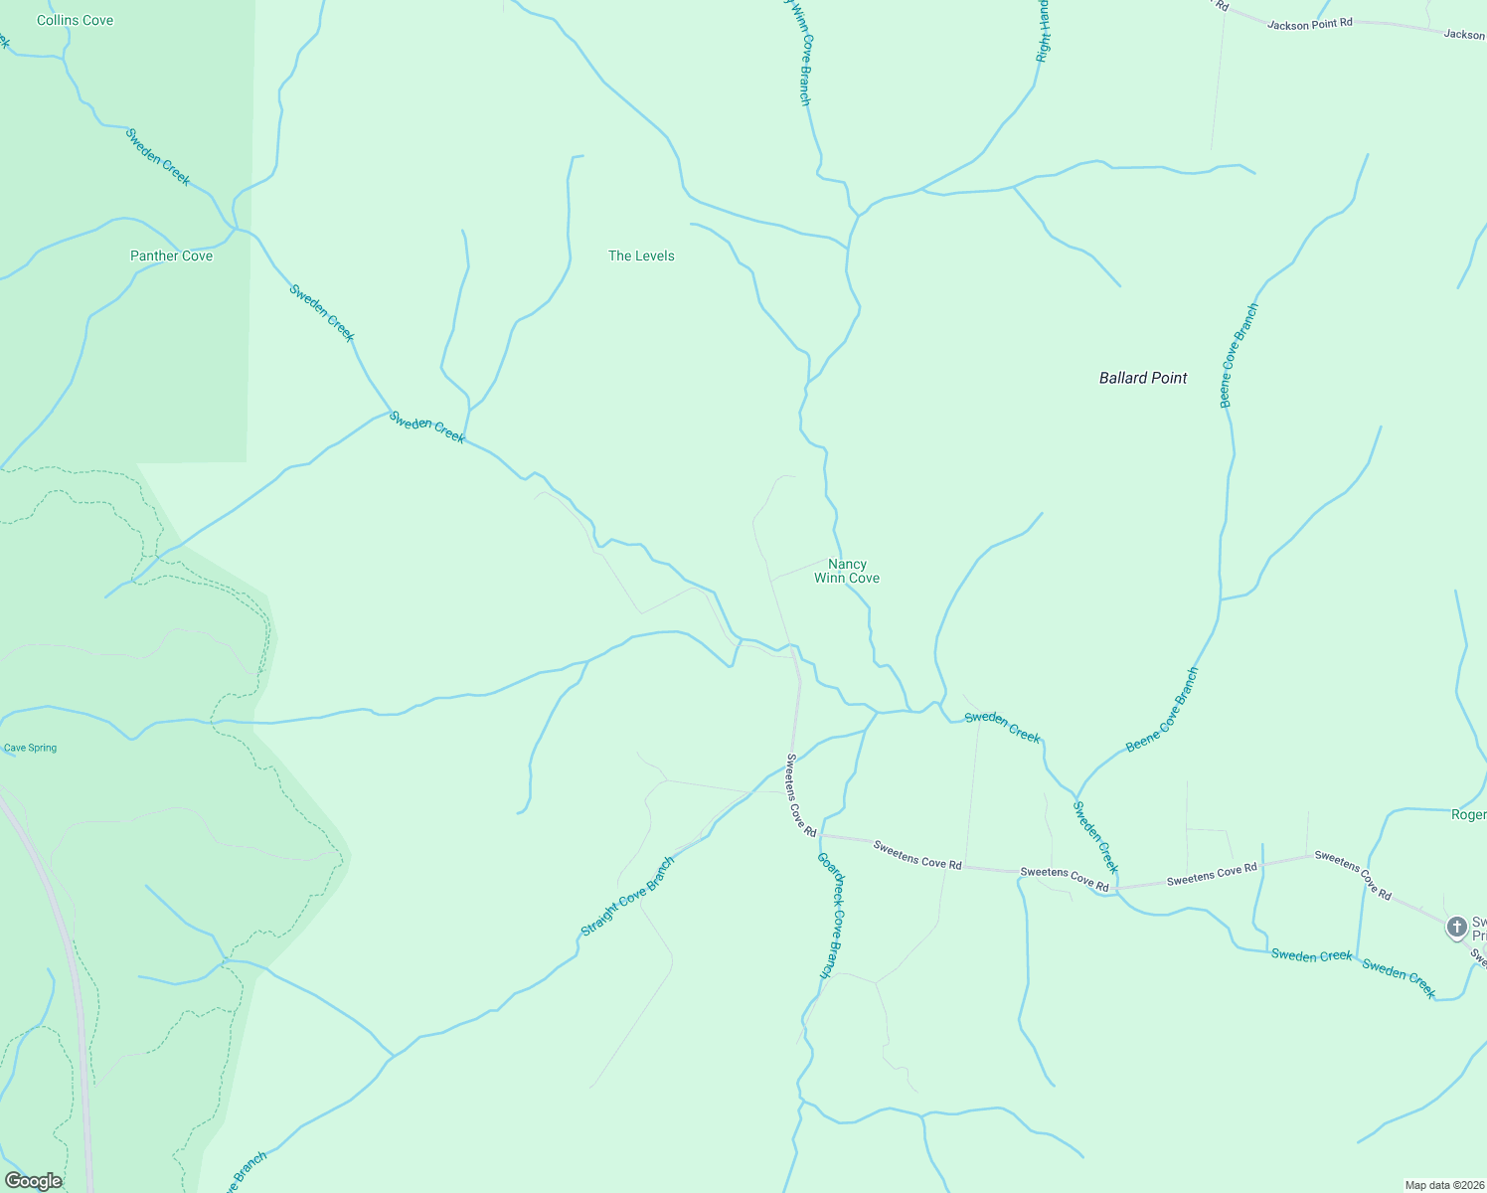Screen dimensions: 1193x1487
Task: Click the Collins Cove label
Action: pos(75,20)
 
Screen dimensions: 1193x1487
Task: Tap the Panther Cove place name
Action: pos(171,256)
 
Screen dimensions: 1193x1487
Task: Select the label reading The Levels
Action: pos(641,256)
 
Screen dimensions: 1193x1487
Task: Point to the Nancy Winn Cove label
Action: pos(847,571)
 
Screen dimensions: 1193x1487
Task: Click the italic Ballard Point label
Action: pos(1143,378)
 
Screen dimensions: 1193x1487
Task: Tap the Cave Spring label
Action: pos(30,748)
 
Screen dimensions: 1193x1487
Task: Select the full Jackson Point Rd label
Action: pos(1309,24)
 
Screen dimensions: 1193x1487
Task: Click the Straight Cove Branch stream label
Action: pos(627,897)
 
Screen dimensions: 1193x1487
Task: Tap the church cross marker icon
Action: pos(1456,928)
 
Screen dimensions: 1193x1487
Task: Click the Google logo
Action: pos(33,1181)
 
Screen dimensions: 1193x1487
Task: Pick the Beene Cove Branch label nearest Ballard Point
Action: pos(1239,356)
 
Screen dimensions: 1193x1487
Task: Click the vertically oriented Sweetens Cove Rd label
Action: pos(800,795)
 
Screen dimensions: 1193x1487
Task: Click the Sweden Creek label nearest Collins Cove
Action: pos(158,157)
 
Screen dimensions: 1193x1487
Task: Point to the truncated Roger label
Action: pos(1468,815)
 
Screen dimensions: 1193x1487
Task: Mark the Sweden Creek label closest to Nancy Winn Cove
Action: pos(1002,727)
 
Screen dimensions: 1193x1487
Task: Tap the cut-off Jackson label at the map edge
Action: pos(1464,35)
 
